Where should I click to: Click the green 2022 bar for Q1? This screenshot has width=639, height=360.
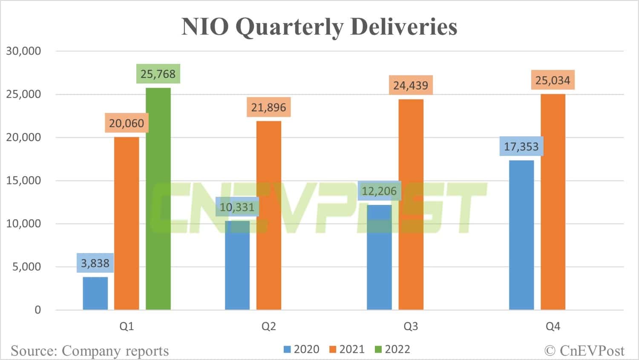(158, 199)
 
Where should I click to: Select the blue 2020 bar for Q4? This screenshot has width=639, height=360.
(521, 235)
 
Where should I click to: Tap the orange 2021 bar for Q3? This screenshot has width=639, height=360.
(411, 204)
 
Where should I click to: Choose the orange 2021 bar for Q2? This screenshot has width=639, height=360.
(268, 215)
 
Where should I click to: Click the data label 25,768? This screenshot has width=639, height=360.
(158, 74)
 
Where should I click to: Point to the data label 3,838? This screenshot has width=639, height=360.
(95, 263)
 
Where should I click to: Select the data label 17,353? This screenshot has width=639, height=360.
(521, 147)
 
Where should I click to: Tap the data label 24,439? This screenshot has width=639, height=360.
(411, 86)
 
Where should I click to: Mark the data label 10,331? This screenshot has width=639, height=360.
(237, 207)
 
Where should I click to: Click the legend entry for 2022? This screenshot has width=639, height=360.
(393, 349)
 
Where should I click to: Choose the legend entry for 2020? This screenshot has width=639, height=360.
(302, 349)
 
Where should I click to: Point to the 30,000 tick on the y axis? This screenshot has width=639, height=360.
(23, 51)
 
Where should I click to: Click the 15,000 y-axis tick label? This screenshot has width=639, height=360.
(23, 180)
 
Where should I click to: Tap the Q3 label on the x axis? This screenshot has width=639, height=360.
(411, 326)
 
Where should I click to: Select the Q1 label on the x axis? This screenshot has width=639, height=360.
(127, 326)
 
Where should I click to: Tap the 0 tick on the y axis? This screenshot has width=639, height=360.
(37, 310)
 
